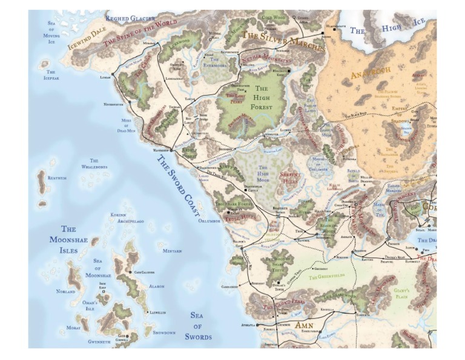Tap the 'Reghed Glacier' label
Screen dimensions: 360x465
point(130,19)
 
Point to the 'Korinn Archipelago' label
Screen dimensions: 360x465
point(127,218)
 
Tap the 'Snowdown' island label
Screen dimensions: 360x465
point(163,333)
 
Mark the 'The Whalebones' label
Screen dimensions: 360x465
point(94,164)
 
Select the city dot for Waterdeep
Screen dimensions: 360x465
point(171,149)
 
